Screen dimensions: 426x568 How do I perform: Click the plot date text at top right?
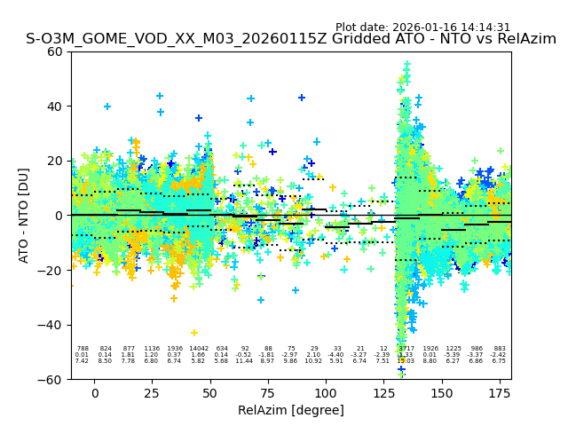tap(422, 28)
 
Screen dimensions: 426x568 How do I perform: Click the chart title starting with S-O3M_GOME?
tap(291, 39)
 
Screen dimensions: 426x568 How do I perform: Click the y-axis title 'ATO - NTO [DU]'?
tap(24, 216)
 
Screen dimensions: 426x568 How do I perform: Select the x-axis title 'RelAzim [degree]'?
tap(291, 410)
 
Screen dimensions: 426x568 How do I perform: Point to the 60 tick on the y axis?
tap(55, 51)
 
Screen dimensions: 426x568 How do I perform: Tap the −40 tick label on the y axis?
tap(51, 325)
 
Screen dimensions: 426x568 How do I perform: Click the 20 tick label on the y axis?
tap(55, 161)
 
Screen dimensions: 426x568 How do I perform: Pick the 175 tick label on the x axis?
tap(500, 392)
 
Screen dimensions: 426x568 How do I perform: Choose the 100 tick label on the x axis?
tap(326, 392)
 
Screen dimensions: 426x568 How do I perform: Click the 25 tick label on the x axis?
tap(153, 392)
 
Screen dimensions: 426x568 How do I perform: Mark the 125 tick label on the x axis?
tap(383, 392)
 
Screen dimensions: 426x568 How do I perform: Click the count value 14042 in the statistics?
tap(198, 349)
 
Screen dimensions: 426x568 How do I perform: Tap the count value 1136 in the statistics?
tap(152, 349)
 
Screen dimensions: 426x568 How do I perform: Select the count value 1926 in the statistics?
tap(430, 349)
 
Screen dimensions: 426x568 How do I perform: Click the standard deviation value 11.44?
tap(244, 361)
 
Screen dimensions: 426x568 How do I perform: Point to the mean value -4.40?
tap(336, 355)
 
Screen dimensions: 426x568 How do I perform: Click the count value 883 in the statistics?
tap(500, 349)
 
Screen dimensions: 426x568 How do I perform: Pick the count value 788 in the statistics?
tap(83, 349)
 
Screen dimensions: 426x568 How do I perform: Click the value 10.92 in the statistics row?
tap(313, 361)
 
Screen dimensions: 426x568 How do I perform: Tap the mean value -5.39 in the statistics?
tap(454, 355)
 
